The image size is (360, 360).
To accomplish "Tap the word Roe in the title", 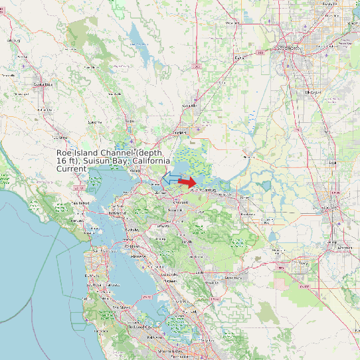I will (x=64, y=153).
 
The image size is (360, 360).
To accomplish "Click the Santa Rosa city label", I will (x=43, y=84).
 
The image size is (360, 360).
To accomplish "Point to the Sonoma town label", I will (x=94, y=122).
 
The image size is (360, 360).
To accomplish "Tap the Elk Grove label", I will (x=312, y=92).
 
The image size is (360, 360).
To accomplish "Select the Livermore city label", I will (x=232, y=278).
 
